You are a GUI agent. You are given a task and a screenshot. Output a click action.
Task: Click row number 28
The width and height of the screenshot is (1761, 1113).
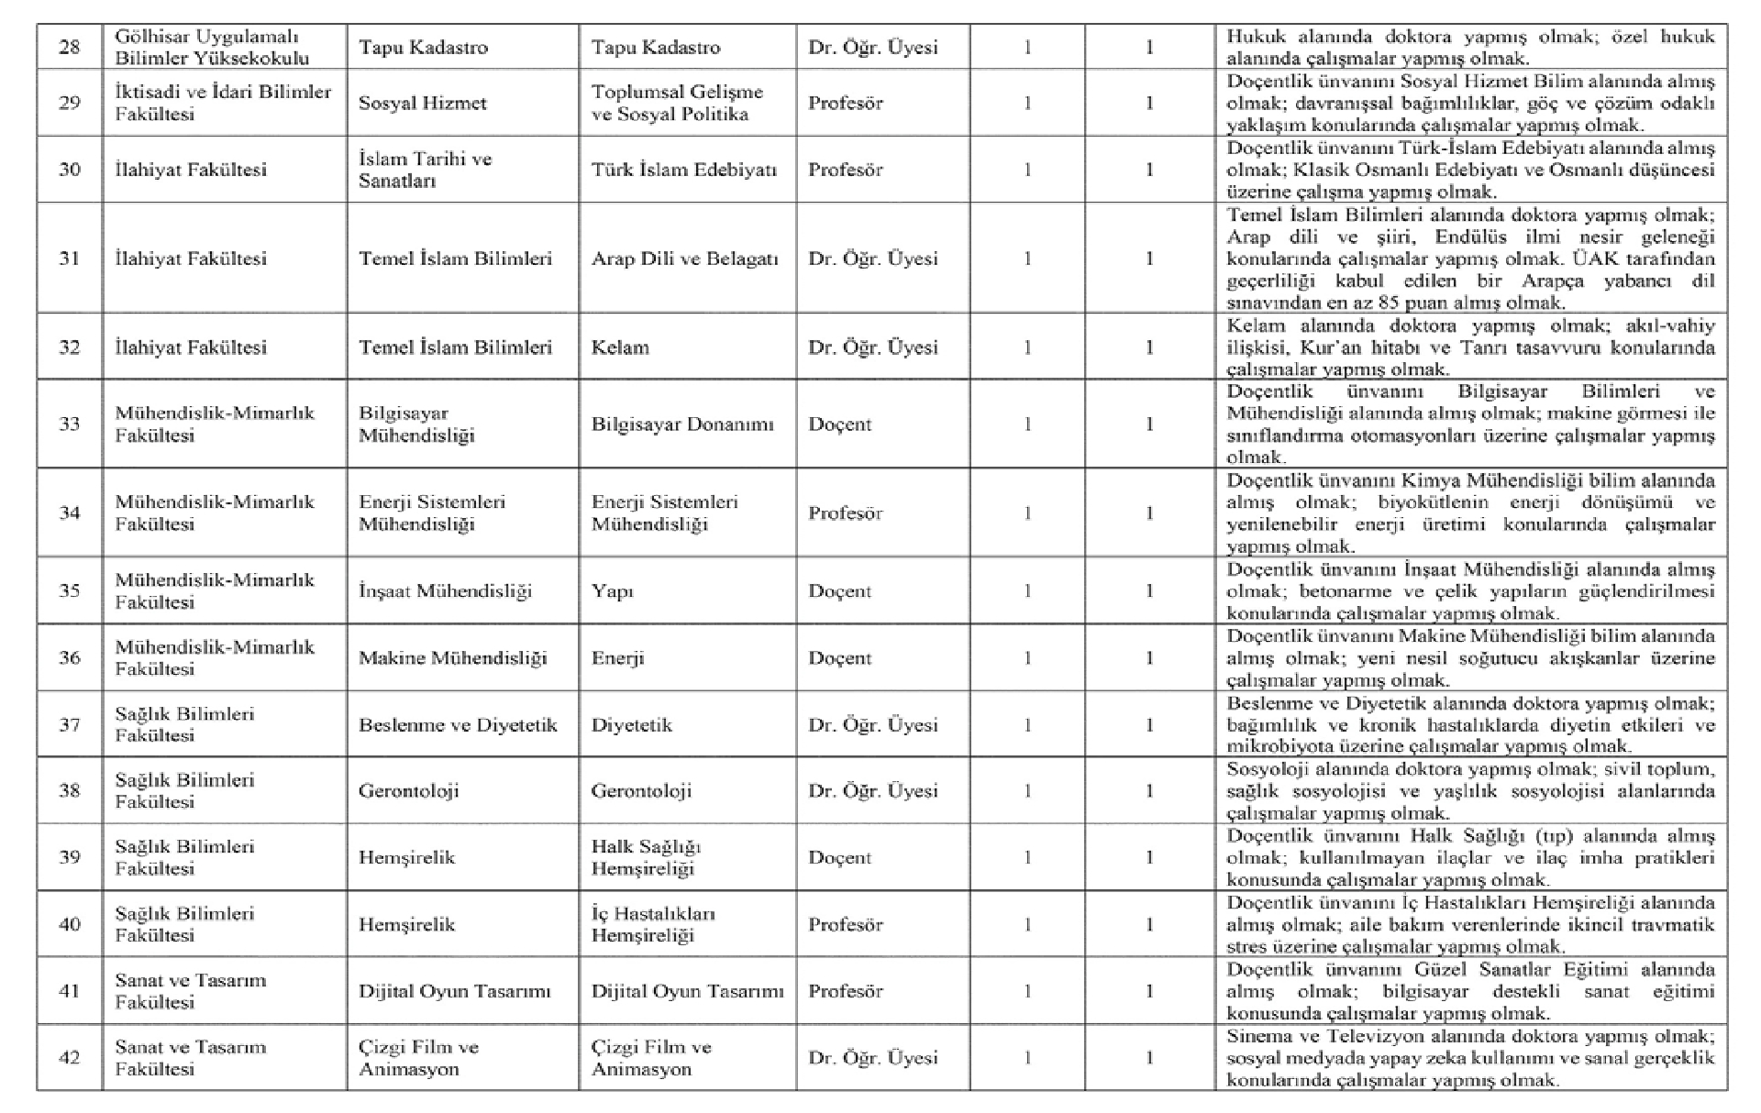click(x=70, y=48)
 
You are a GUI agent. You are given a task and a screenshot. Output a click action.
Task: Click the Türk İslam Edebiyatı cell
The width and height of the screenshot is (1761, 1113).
click(x=684, y=170)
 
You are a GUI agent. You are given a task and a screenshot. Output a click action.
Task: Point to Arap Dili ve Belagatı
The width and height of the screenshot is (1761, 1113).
click(x=684, y=259)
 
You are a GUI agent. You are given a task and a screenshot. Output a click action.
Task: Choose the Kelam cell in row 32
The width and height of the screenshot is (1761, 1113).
click(x=620, y=347)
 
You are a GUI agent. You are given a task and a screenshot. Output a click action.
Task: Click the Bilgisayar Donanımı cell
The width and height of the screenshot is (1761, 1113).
click(x=682, y=424)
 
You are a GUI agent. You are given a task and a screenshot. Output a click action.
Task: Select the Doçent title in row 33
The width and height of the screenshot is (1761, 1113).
click(x=839, y=424)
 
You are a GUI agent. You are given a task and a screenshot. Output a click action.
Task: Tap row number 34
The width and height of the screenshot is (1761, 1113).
click(x=70, y=512)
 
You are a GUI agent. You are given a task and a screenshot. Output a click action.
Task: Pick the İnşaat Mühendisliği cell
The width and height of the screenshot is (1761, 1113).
click(x=445, y=591)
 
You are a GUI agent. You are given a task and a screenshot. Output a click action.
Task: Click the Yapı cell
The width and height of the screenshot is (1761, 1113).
click(x=612, y=591)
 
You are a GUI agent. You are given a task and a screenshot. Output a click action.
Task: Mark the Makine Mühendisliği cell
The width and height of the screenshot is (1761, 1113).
click(x=452, y=658)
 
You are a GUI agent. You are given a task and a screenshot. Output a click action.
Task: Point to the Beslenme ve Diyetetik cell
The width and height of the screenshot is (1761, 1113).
click(x=458, y=725)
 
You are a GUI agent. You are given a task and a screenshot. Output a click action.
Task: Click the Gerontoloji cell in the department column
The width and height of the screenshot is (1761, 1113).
click(x=408, y=790)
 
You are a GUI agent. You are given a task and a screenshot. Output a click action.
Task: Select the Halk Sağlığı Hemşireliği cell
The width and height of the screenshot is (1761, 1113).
click(x=646, y=857)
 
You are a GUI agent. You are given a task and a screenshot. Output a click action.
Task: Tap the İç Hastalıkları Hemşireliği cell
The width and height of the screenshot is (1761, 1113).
click(x=652, y=924)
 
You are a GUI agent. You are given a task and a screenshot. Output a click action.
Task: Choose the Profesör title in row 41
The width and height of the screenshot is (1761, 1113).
click(x=845, y=991)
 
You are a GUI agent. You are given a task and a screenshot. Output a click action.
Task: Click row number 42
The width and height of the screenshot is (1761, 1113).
click(x=70, y=1058)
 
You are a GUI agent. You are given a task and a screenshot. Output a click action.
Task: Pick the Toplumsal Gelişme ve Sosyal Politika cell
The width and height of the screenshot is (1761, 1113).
click(x=677, y=103)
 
